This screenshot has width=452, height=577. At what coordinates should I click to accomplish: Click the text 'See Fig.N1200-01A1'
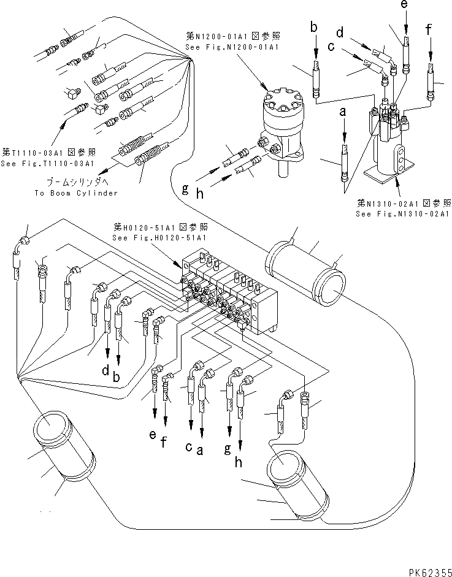pyautogui.click(x=232, y=47)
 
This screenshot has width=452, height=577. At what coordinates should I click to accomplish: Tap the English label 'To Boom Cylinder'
pyautogui.click(x=77, y=193)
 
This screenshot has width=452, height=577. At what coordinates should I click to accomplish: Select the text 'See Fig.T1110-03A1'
pyautogui.click(x=47, y=163)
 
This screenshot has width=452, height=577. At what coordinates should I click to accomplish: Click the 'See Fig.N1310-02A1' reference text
pyautogui.click(x=403, y=214)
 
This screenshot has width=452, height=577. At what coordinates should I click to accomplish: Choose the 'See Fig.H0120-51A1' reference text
pyautogui.click(x=159, y=238)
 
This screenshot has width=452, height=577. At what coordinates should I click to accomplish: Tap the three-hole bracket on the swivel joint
pyautogui.click(x=401, y=159)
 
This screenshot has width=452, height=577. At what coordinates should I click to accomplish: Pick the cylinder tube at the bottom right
pyautogui.click(x=297, y=487)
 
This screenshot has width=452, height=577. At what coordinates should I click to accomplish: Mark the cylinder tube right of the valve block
pyautogui.click(x=305, y=273)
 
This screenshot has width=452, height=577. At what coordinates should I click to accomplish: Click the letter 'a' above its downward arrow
pyautogui.click(x=343, y=112)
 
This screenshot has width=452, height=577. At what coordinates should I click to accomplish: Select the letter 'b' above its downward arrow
pyautogui.click(x=314, y=27)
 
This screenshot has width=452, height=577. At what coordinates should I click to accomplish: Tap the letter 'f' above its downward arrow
pyautogui.click(x=429, y=29)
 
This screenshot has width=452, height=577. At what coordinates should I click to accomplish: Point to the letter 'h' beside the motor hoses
pyautogui.click(x=200, y=194)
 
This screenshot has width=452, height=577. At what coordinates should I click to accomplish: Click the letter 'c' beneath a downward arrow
pyautogui.click(x=188, y=446)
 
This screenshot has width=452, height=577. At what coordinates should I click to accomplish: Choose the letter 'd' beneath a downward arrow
pyautogui.click(x=105, y=370)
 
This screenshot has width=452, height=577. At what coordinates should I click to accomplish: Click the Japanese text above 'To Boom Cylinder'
pyautogui.click(x=77, y=182)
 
